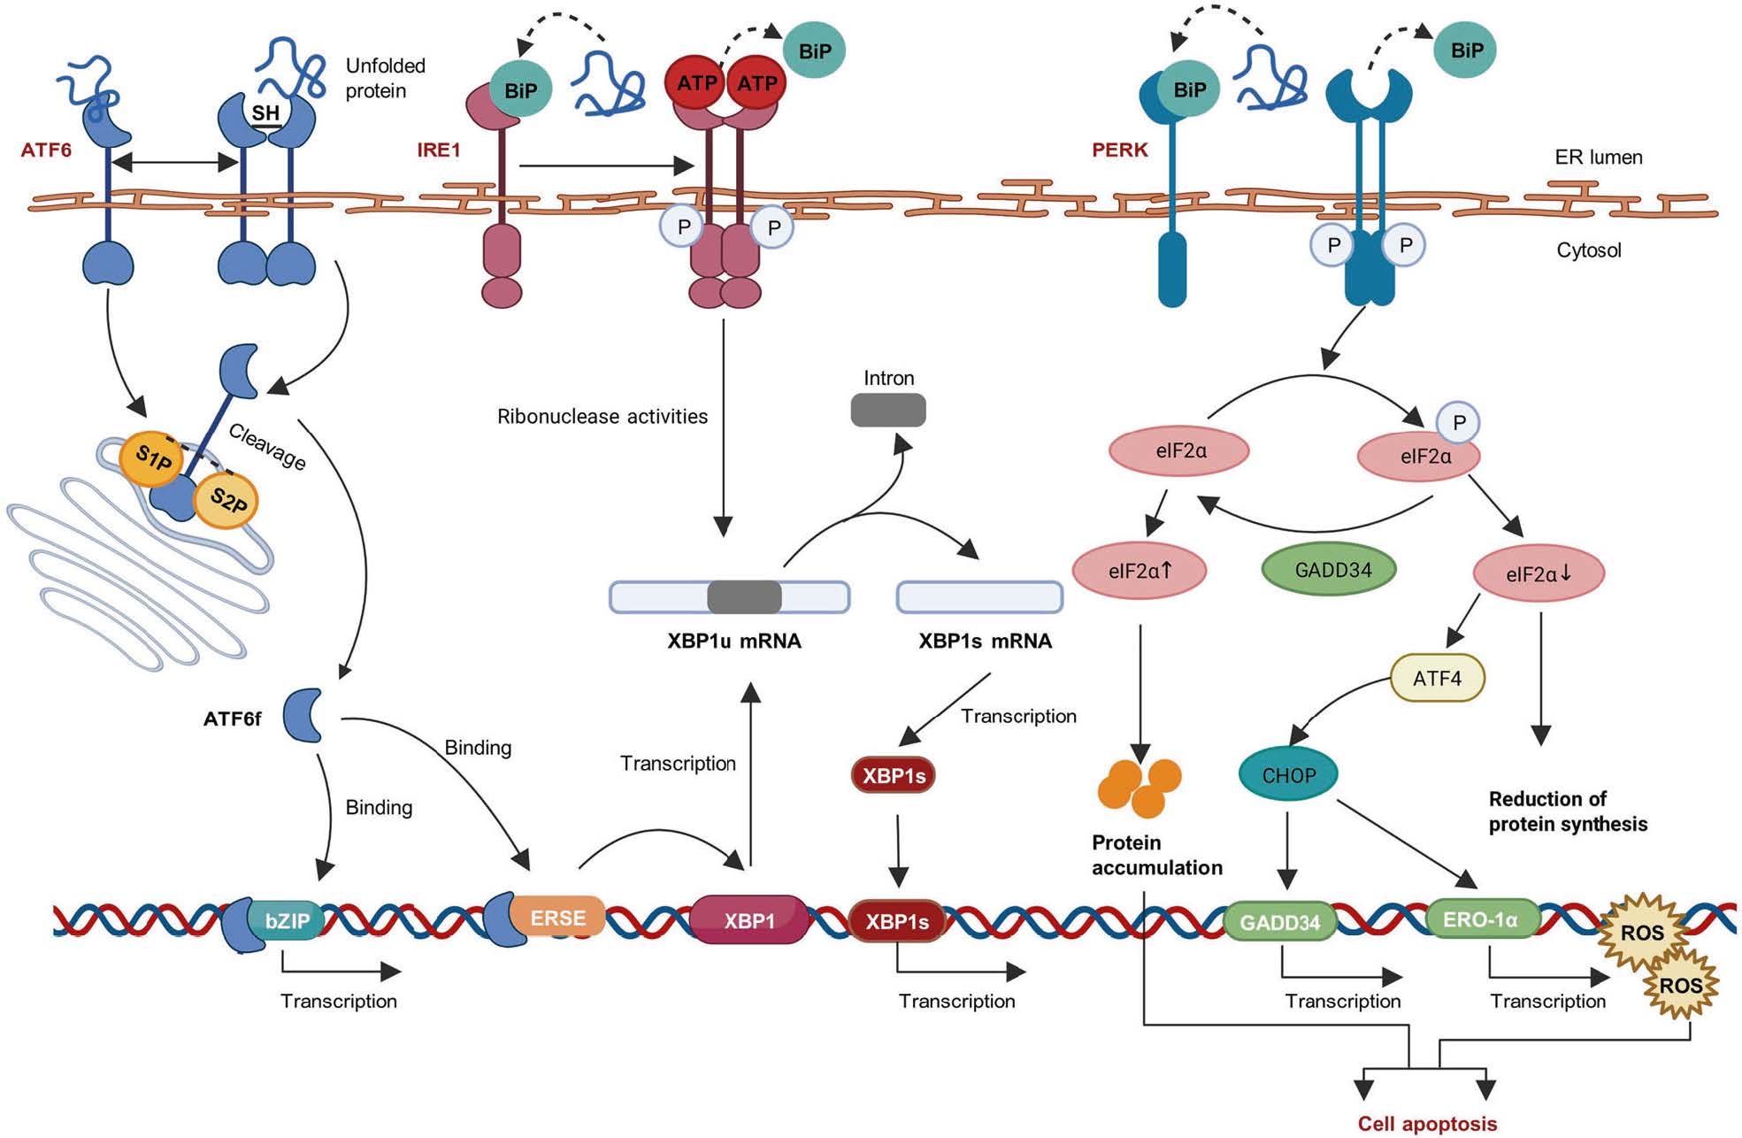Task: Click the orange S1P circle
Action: click(152, 458)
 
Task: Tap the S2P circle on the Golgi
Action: click(226, 501)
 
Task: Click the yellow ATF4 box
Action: click(1437, 679)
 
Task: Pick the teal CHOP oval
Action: click(1288, 775)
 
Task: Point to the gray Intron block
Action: click(888, 410)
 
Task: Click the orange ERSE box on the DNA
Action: click(557, 918)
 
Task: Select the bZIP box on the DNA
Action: click(288, 920)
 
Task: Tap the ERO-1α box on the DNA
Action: click(1480, 920)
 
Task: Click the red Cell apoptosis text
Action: click(1427, 1124)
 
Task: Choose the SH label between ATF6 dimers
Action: click(265, 113)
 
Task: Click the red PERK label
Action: click(1119, 150)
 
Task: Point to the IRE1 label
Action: click(439, 150)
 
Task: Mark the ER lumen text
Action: click(1599, 158)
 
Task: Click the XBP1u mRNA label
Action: click(734, 641)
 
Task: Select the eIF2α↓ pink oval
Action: click(1539, 574)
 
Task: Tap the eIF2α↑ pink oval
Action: click(1140, 571)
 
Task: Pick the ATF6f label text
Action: click(233, 719)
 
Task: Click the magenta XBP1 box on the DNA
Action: click(749, 920)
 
